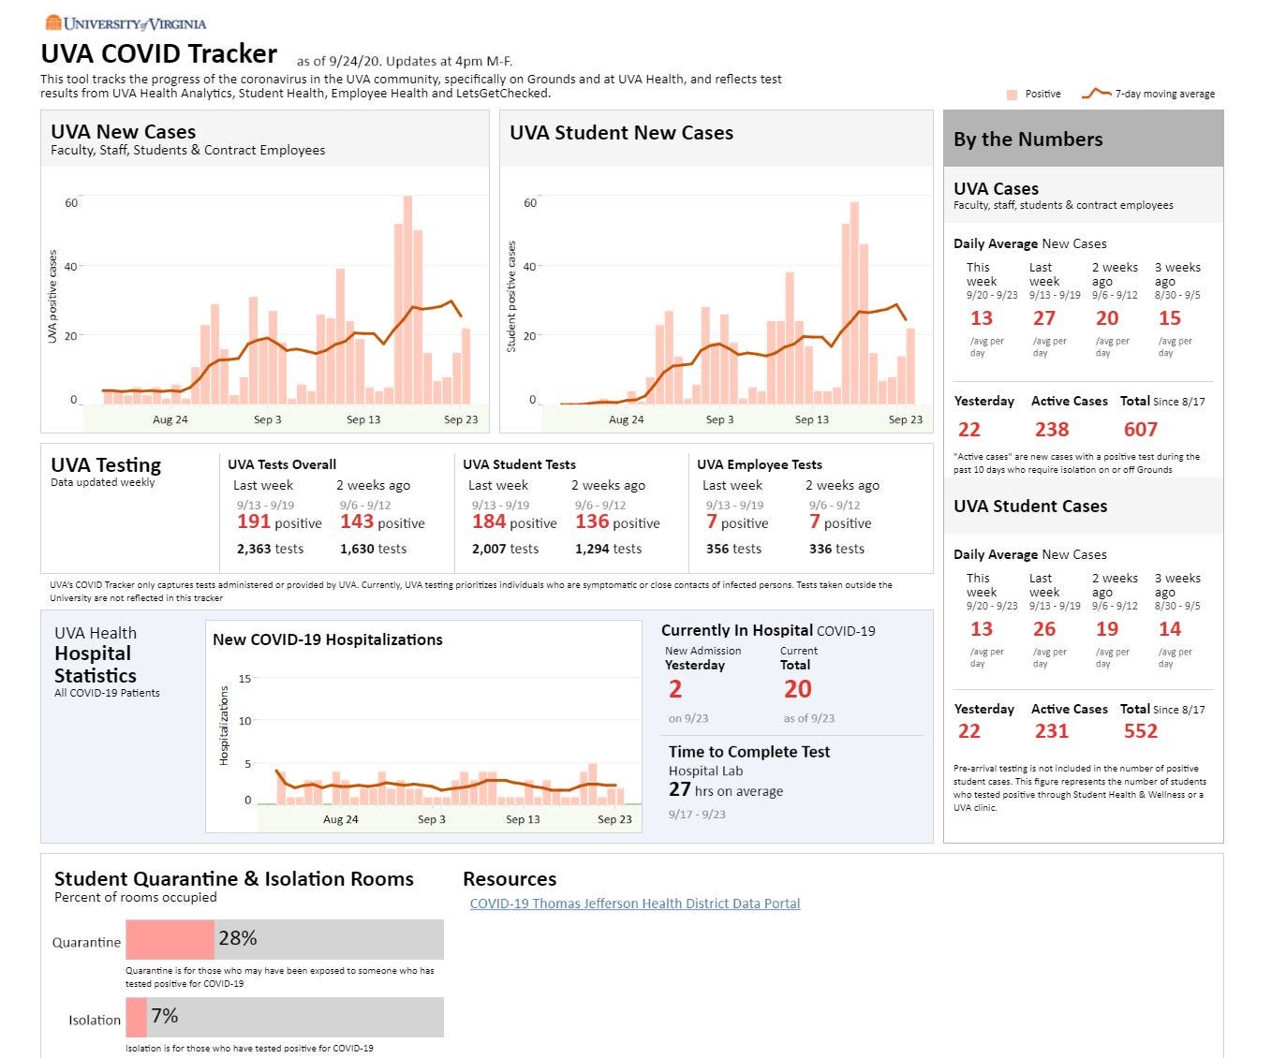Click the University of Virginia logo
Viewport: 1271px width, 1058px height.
[x=126, y=23]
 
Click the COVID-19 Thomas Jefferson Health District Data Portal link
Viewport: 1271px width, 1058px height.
[x=635, y=904]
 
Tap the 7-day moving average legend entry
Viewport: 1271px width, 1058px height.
[x=1148, y=94]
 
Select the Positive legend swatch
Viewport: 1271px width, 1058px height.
[x=1012, y=95]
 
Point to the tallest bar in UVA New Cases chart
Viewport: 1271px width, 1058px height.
[x=407, y=300]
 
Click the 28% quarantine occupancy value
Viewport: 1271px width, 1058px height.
[x=238, y=938]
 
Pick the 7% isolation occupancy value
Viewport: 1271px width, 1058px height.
[x=165, y=1016]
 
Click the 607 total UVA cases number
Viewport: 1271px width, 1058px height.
[x=1140, y=430]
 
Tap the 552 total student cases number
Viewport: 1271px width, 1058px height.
[x=1140, y=730]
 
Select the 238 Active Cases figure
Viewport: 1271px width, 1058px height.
[x=1051, y=430]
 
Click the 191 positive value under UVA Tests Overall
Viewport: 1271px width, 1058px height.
[x=253, y=522]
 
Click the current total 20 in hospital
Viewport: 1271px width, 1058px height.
[x=797, y=689]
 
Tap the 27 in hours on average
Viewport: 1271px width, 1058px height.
[x=679, y=789]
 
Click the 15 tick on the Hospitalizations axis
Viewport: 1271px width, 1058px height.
[x=244, y=679]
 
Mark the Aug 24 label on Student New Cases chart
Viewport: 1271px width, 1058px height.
[x=626, y=419]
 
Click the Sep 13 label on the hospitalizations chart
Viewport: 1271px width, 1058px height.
[x=523, y=819]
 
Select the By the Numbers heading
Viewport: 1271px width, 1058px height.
[x=1028, y=140]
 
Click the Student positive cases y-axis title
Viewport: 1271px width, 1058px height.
[x=511, y=296]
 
